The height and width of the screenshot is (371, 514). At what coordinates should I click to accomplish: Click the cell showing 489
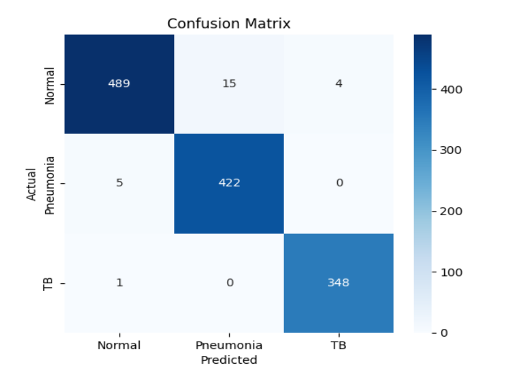click(x=119, y=84)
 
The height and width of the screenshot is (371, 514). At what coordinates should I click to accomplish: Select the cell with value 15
click(x=229, y=84)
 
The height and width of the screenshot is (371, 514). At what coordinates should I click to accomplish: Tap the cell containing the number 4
click(x=339, y=84)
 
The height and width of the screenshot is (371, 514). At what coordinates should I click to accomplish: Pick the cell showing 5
click(x=119, y=183)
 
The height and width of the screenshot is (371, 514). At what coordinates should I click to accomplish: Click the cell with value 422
click(x=229, y=183)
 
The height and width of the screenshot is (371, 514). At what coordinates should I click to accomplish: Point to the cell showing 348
click(x=339, y=283)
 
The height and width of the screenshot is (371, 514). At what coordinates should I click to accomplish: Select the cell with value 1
click(x=119, y=283)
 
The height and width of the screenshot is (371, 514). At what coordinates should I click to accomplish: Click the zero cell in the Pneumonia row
click(x=339, y=183)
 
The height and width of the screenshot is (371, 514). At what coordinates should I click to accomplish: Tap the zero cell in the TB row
click(x=229, y=283)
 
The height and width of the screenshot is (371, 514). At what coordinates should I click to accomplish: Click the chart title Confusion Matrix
click(x=229, y=24)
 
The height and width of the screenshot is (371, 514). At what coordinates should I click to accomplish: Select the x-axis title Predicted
click(x=229, y=360)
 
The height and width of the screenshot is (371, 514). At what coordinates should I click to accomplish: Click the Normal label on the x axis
click(x=119, y=346)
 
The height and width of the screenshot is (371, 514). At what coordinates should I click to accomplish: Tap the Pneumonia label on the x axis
click(x=229, y=346)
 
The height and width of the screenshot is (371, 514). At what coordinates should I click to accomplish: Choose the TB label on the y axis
click(x=49, y=283)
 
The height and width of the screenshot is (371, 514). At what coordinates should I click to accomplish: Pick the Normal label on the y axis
click(x=49, y=85)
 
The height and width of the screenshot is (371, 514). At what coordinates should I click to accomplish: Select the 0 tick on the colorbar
click(x=444, y=333)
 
